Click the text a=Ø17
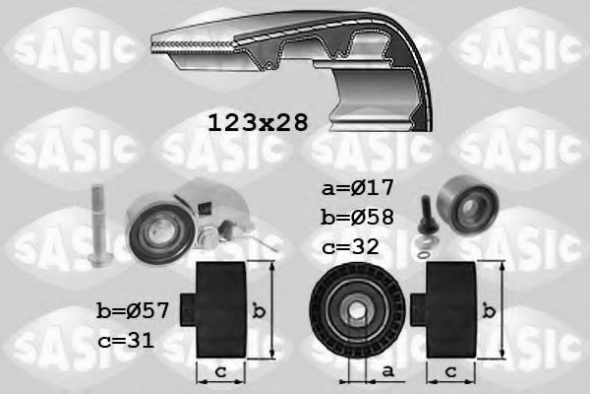[x=356, y=187]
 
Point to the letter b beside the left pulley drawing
[x=258, y=311]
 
